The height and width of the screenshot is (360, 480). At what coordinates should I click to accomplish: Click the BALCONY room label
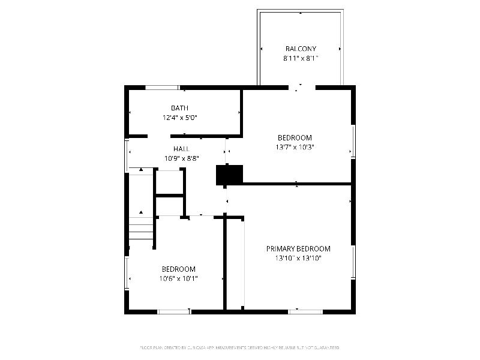pyautogui.click(x=300, y=49)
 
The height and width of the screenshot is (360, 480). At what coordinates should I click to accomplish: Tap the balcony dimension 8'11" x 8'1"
pyautogui.click(x=300, y=58)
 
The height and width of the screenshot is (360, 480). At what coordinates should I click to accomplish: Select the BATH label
pyautogui.click(x=179, y=108)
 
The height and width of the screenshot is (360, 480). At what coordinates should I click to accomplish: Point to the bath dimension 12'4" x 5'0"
pyautogui.click(x=179, y=118)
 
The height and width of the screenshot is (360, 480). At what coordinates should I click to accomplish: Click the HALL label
pyautogui.click(x=181, y=149)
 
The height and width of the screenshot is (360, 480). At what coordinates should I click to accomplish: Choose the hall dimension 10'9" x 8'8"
pyautogui.click(x=181, y=158)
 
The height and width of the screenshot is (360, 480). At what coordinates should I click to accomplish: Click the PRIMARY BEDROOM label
pyautogui.click(x=298, y=248)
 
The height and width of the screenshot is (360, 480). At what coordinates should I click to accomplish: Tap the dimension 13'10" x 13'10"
pyautogui.click(x=298, y=258)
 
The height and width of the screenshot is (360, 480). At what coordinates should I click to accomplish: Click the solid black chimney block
pyautogui.click(x=229, y=175)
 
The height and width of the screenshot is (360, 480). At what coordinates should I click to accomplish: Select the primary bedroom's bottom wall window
pyautogui.click(x=305, y=311)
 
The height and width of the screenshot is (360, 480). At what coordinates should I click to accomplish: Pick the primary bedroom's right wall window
pyautogui.click(x=353, y=262)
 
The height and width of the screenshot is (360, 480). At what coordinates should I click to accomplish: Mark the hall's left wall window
pyautogui.click(x=127, y=155)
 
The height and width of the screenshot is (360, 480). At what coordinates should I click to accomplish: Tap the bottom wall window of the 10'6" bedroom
pyautogui.click(x=174, y=311)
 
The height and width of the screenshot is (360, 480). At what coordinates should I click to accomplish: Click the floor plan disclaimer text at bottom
pyautogui.click(x=239, y=347)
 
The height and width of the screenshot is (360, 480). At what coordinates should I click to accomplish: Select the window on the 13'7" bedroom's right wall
pyautogui.click(x=353, y=141)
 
